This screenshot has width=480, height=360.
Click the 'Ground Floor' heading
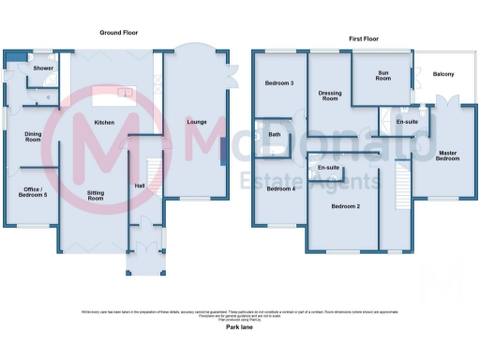(119, 32)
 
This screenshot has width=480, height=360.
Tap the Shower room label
(43, 68)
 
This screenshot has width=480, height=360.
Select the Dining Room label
(33, 136)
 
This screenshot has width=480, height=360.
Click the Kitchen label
(104, 123)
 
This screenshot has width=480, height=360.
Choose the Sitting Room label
(96, 196)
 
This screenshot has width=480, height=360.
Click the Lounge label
(197, 122)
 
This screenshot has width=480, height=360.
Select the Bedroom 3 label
(279, 83)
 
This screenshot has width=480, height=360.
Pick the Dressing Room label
(329, 96)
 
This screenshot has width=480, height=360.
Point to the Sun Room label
(383, 74)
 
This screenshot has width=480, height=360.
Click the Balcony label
(443, 74)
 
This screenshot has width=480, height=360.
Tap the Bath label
(275, 134)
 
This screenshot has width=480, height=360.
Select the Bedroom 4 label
(279, 188)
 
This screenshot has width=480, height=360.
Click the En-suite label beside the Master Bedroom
(407, 121)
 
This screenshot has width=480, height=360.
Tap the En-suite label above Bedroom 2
(328, 167)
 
